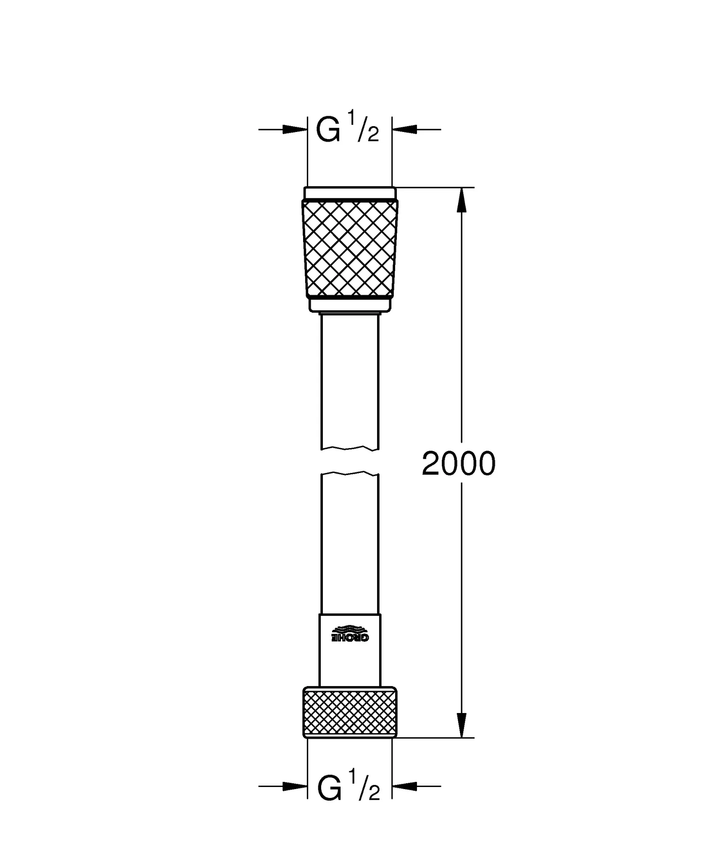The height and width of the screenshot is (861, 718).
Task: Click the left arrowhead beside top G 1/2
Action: [x=294, y=129]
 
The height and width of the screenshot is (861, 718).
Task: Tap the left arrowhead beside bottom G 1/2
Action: [x=294, y=786]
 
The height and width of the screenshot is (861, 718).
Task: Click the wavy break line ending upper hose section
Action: [x=350, y=448]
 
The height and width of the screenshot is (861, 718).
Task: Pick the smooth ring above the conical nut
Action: [x=350, y=193]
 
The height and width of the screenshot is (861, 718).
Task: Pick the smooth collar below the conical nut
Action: [x=350, y=304]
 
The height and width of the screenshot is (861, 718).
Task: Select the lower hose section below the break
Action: [x=350, y=547]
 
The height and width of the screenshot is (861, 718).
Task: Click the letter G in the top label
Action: [x=328, y=130]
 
